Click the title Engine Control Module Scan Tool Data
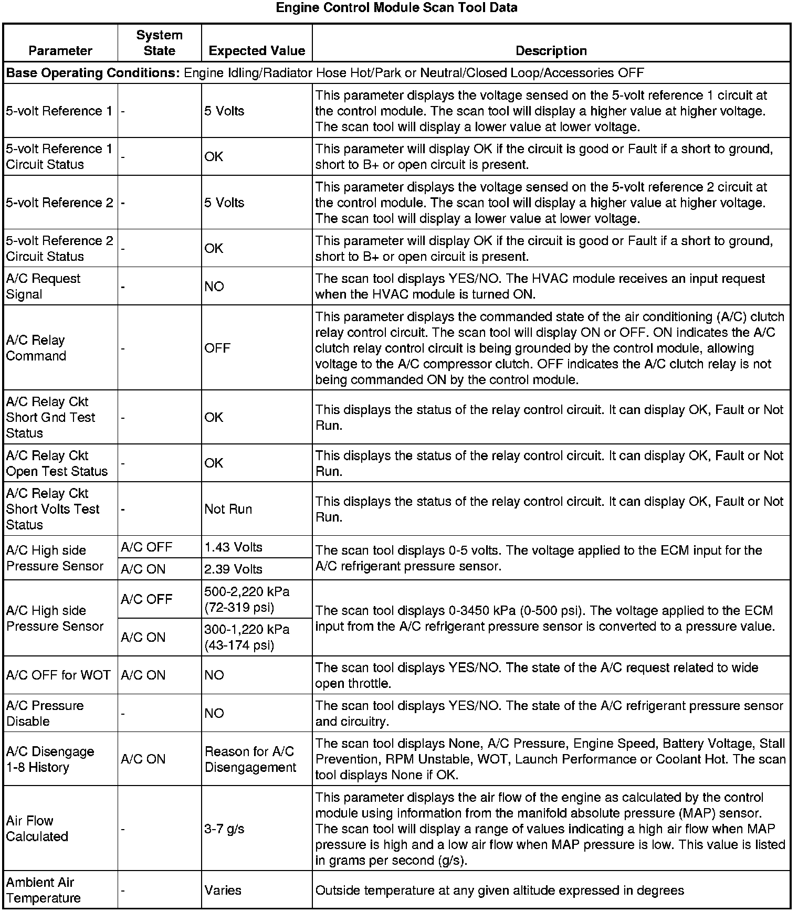click(396, 8)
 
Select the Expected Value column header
click(257, 51)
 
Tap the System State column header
click(159, 43)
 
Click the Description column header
click(551, 51)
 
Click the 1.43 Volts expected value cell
click(233, 547)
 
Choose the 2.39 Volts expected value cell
click(233, 569)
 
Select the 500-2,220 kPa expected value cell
click(247, 599)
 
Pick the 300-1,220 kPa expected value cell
click(247, 637)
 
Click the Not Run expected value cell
click(228, 509)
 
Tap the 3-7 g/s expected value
click(224, 829)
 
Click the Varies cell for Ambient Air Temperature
click(223, 890)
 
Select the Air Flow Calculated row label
click(37, 829)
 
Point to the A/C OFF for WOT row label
click(58, 675)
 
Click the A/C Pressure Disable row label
click(45, 713)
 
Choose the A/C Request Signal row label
click(43, 287)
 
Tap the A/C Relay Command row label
click(36, 348)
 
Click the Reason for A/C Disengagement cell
click(250, 759)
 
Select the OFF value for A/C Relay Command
click(217, 348)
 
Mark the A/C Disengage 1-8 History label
click(50, 759)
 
